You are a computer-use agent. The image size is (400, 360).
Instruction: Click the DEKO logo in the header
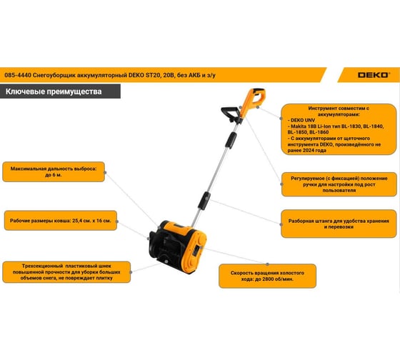click(x=374, y=75)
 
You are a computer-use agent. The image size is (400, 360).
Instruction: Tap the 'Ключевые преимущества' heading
click(x=54, y=91)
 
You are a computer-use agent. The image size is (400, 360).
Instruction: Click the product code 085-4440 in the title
click(x=18, y=75)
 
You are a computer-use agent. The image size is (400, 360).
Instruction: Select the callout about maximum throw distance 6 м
click(x=54, y=171)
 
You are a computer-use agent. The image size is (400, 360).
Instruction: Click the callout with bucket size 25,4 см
click(x=61, y=221)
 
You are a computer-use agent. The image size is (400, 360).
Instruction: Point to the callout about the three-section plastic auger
click(x=66, y=272)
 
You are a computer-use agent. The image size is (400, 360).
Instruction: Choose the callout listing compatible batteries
click(x=339, y=129)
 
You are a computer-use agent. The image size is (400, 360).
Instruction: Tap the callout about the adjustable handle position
click(x=339, y=184)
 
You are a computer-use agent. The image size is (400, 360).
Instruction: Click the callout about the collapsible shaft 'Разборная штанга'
click(x=339, y=224)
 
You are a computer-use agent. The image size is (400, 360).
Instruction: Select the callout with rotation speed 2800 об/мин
click(x=267, y=276)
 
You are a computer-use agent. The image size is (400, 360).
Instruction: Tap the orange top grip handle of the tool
click(x=253, y=101)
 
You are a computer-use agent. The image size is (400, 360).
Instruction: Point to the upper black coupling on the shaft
click(x=231, y=140)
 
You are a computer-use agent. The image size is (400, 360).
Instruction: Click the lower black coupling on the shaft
click(x=204, y=201)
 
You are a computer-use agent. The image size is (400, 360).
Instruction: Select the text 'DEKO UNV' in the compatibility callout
click(x=303, y=120)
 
